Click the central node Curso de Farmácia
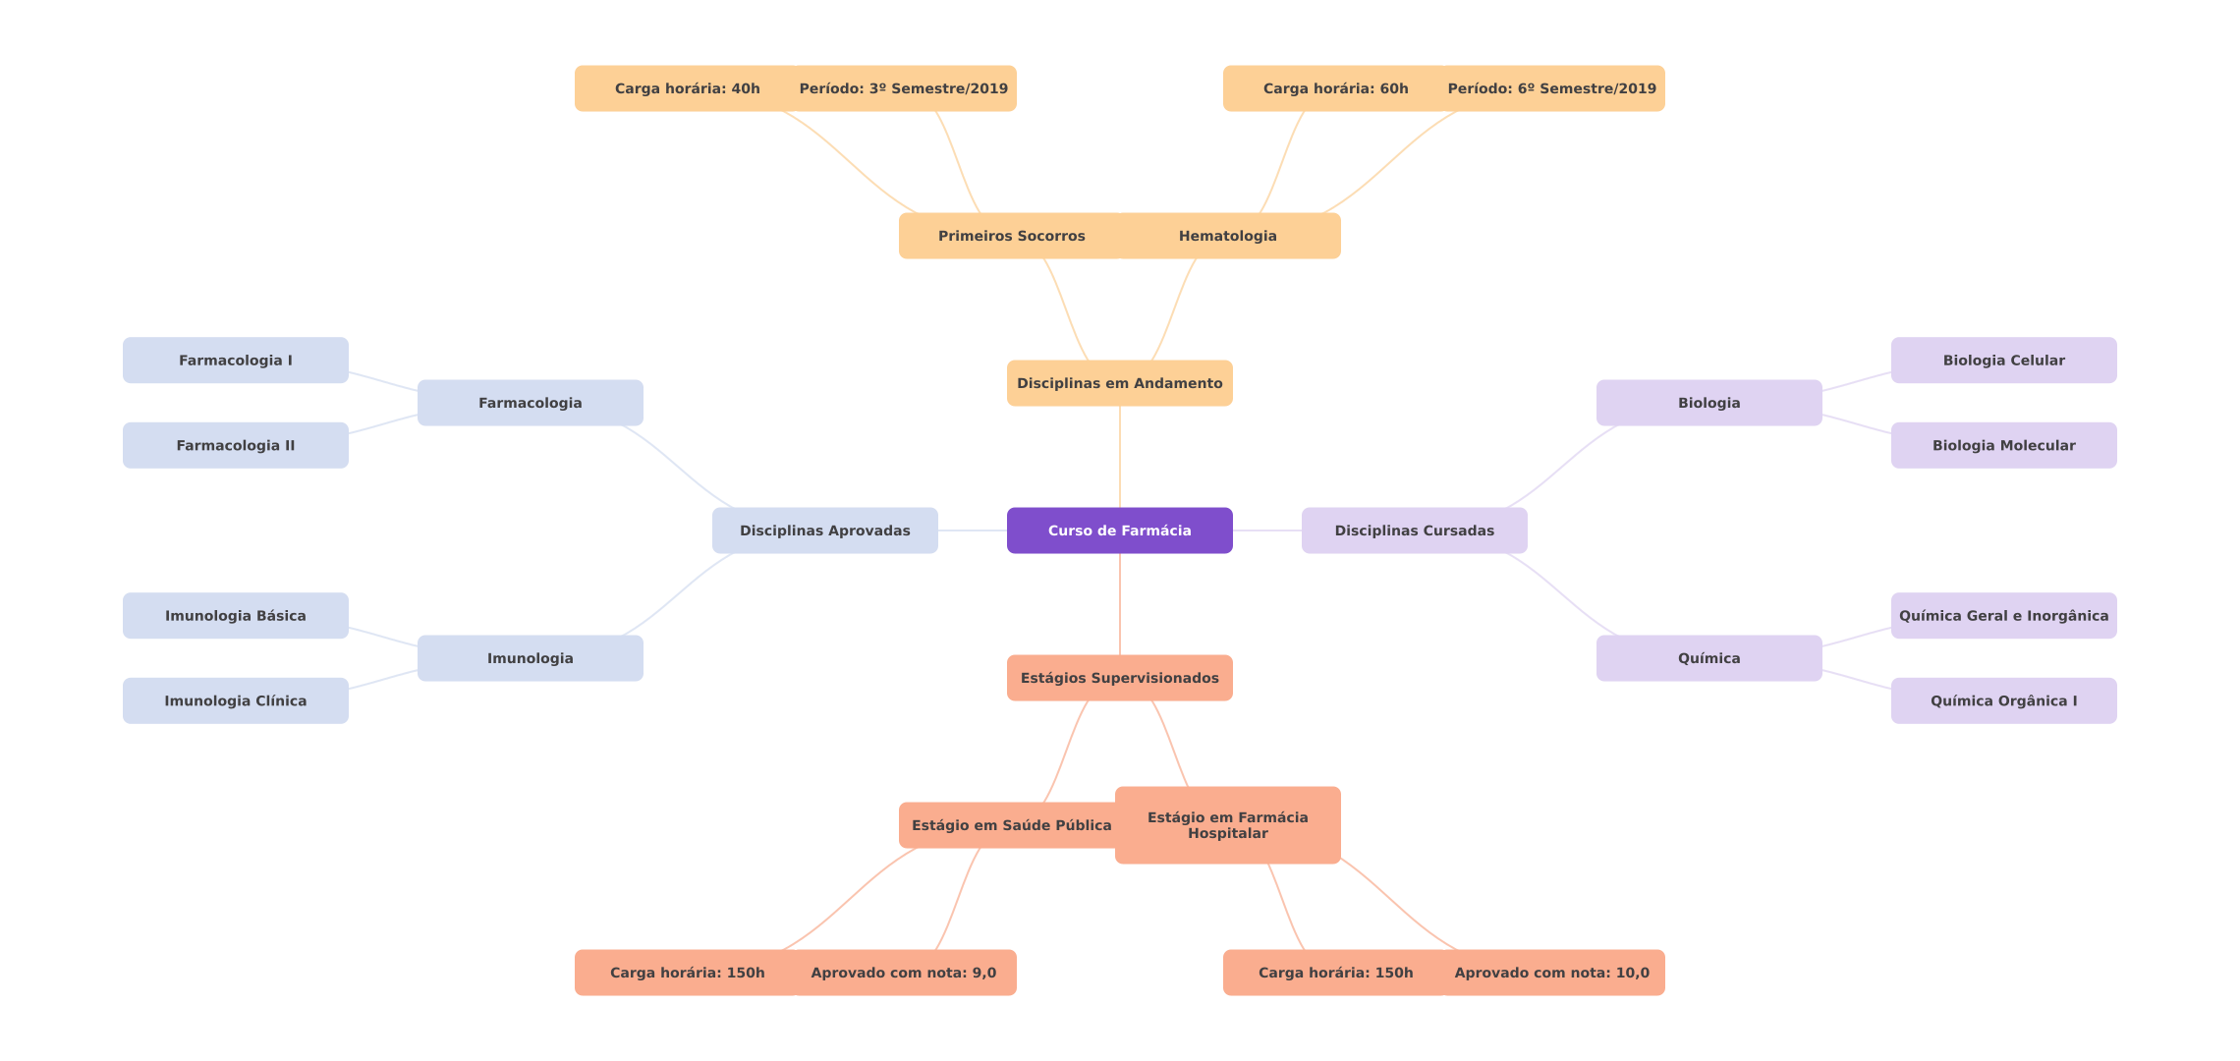[x=1119, y=530]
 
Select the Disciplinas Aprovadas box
[x=824, y=530]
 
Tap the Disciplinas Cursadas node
[x=1414, y=530]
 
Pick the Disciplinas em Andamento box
[x=1119, y=383]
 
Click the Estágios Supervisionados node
[x=1119, y=678]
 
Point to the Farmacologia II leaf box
[x=235, y=445]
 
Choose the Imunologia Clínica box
[x=235, y=700]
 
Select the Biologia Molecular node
[x=2003, y=445]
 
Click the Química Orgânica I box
[x=2003, y=700]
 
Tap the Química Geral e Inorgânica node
[x=2003, y=616]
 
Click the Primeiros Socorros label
[x=1011, y=236]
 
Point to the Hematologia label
[x=1227, y=236]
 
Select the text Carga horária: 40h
[x=687, y=88]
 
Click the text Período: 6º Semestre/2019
[x=1551, y=88]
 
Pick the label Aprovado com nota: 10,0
[x=1551, y=973]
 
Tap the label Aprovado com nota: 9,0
[x=903, y=973]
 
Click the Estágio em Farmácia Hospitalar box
[x=1227, y=825]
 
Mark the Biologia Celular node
[x=2003, y=361]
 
